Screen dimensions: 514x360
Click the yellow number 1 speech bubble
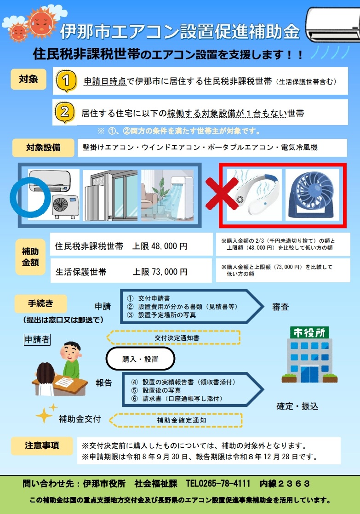[x=65, y=81]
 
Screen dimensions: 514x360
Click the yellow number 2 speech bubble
[x=65, y=112]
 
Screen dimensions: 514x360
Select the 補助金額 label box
[x=31, y=257]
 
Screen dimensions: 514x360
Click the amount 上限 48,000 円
[x=160, y=246]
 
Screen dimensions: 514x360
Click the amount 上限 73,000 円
[x=160, y=272]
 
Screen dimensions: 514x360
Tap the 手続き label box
[x=40, y=303]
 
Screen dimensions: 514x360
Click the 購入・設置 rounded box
[x=140, y=359]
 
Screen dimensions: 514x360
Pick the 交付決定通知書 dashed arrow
[x=173, y=337]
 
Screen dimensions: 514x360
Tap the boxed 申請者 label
[x=37, y=339]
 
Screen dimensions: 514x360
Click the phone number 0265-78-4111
[x=225, y=483]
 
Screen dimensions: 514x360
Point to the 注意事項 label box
[x=42, y=445]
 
